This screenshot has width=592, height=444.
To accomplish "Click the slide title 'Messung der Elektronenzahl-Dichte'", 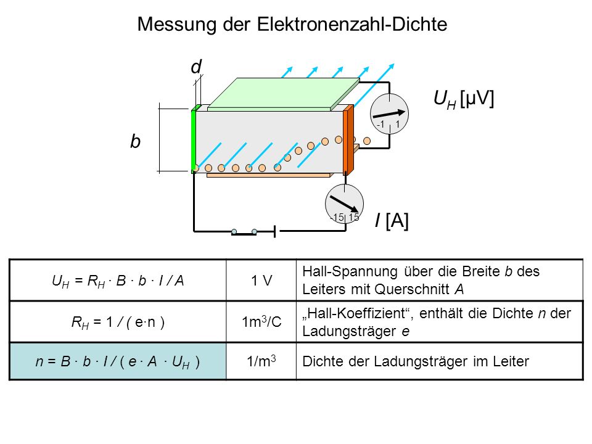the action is tap(292, 24).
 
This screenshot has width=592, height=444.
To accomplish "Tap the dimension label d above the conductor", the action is tap(196, 67).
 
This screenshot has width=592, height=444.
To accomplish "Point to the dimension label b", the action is tap(135, 141).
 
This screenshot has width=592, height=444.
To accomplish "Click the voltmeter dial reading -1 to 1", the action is tap(389, 113).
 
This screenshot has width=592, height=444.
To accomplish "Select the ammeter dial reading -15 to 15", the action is tap(344, 204).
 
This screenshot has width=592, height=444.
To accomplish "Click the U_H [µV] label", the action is tap(464, 99).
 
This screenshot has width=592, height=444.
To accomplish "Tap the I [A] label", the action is tap(392, 220).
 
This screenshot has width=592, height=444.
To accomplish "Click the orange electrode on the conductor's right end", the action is tap(348, 140).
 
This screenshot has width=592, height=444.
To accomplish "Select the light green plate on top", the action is tap(283, 94).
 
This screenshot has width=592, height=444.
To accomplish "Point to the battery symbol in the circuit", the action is tap(275, 231).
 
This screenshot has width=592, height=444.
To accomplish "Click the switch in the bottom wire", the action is tap(244, 232).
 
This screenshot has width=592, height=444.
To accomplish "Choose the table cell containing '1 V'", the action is tap(261, 280).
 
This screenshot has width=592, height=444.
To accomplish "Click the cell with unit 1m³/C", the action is tap(261, 322).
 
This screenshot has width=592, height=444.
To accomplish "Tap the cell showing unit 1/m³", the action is tap(261, 361).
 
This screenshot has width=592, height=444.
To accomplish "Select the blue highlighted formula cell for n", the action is tap(118, 361).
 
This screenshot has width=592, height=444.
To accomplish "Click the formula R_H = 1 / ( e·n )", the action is tap(118, 323).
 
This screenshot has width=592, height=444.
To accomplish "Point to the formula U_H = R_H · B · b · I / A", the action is tap(118, 281).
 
